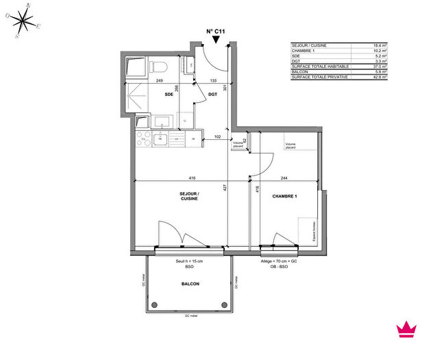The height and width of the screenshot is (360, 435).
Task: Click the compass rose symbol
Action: pos(25,23)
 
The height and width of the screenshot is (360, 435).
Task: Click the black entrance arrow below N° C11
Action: pos(216,41)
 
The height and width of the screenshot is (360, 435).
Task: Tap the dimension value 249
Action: pos(159,81)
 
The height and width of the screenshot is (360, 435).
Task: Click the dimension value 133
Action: pos(213,81)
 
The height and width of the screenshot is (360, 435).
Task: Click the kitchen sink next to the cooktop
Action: pos(162,140)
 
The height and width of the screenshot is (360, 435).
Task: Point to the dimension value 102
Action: pos(219,136)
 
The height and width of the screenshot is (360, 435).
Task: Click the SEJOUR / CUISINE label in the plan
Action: pos(190,197)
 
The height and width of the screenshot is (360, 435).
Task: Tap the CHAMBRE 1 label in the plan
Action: pos(286,196)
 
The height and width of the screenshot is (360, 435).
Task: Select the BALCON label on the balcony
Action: pos(190,283)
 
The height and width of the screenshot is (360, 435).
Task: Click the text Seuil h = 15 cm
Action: pos(188,261)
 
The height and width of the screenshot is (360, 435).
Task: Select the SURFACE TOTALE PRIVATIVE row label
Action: pos(320,77)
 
